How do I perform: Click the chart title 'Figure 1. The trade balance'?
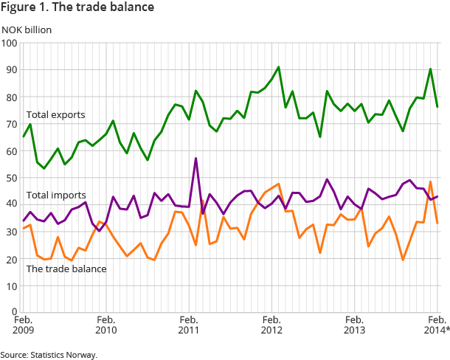click(77, 8)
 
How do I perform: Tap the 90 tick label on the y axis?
click(11, 70)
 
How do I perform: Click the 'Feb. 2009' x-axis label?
click(24, 325)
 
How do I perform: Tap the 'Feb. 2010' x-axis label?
click(106, 325)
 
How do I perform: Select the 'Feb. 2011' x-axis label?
click(189, 325)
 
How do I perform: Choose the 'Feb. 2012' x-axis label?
click(271, 325)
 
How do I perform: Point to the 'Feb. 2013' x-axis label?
click(355, 325)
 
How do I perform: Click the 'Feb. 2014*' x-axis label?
click(435, 325)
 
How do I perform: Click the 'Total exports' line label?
click(55, 115)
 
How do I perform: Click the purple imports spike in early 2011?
click(195, 159)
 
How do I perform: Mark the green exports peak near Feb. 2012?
click(278, 67)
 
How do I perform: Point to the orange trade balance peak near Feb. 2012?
click(278, 184)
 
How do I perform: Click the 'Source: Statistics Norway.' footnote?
click(49, 354)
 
